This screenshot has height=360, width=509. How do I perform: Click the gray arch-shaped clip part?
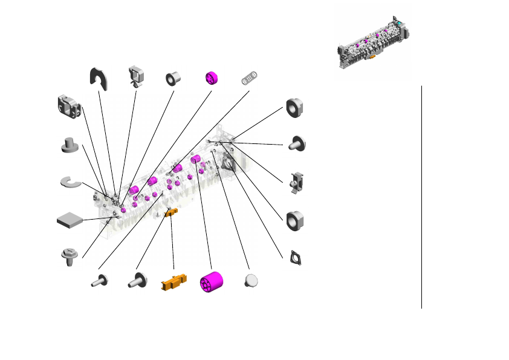(98, 77)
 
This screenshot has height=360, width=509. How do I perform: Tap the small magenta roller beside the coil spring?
(211, 79)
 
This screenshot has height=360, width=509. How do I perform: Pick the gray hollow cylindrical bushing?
(175, 79)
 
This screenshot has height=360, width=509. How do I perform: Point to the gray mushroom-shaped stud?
(71, 146)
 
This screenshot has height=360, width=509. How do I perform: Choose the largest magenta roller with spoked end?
(212, 283)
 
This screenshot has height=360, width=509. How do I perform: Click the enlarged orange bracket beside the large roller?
(173, 283)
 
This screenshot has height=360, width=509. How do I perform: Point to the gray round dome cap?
(251, 281)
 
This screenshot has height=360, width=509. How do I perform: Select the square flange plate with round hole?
(296, 257)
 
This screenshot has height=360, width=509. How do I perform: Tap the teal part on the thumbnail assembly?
(399, 24)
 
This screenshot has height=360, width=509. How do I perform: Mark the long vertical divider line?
(421, 197)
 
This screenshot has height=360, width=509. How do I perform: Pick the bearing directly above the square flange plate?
(295, 221)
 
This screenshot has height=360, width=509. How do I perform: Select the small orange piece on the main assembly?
(170, 211)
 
